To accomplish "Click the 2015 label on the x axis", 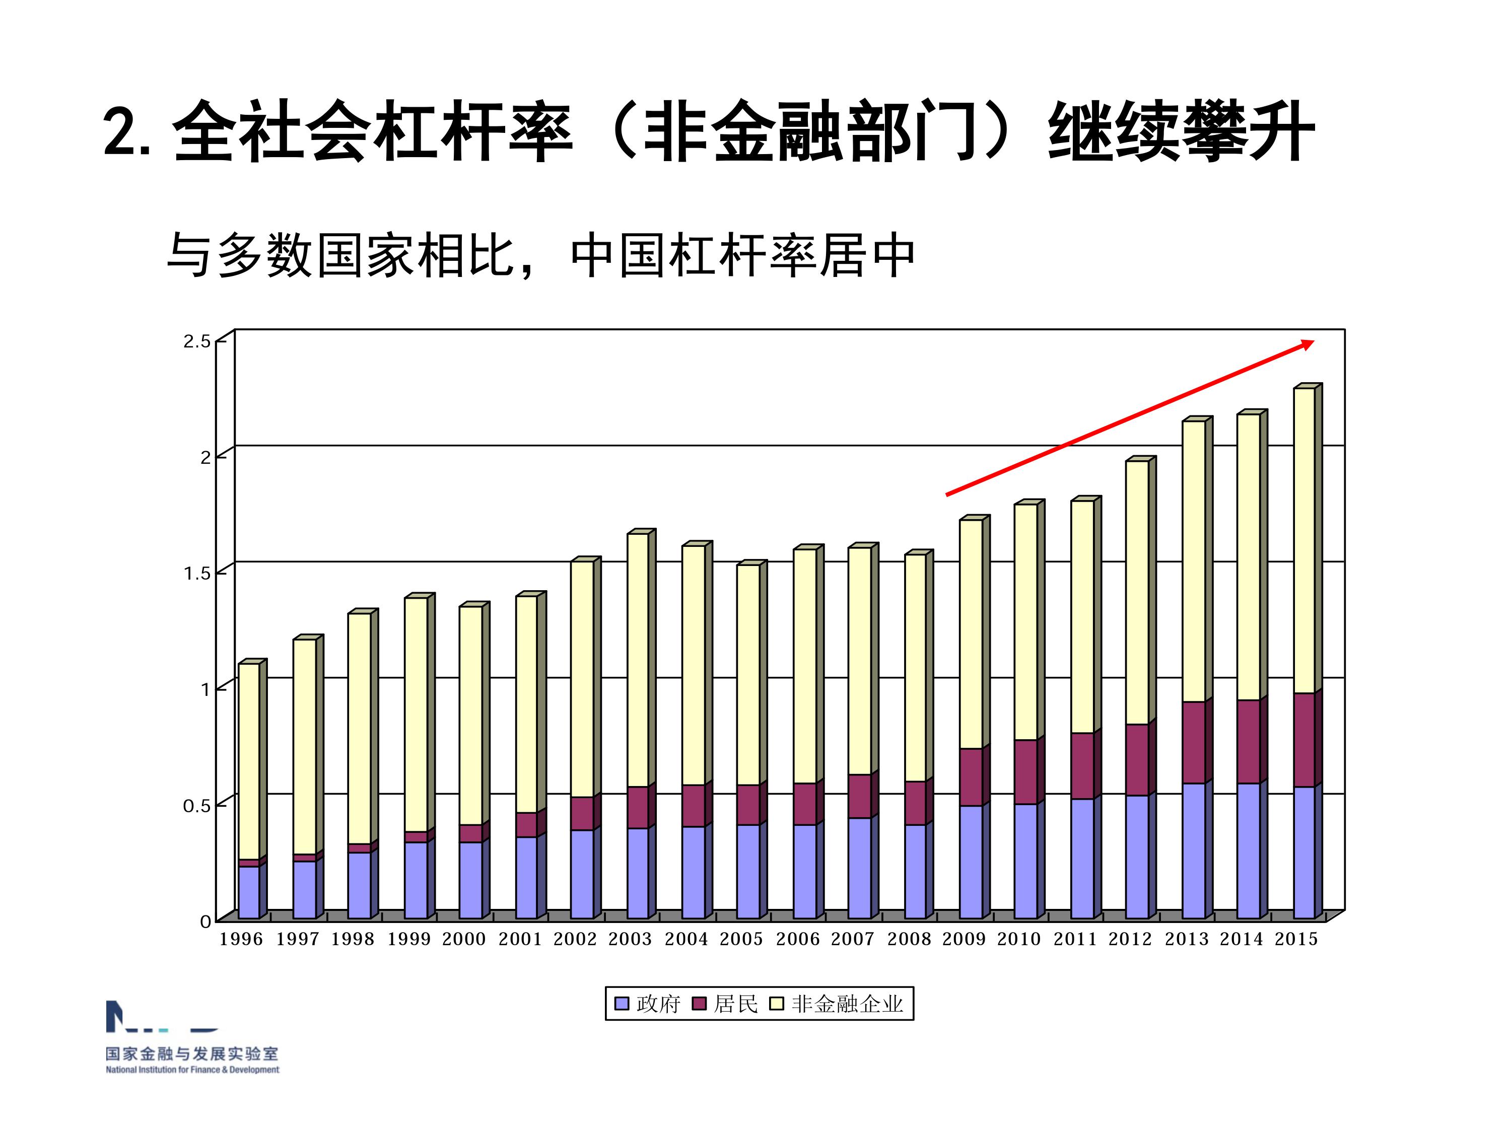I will pos(1296,939).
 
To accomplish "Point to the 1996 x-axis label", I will pos(240,939).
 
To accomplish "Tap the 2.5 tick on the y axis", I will pos(197,341).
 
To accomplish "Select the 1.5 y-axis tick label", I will pos(197,573).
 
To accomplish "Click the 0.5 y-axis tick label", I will pos(197,806).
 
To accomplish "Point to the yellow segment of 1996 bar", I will pos(249,761).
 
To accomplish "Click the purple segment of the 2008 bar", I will pos(915,871).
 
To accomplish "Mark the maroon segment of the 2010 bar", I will pos(1025,772).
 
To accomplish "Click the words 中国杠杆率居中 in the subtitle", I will pos(742,256).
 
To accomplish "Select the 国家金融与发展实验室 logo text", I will pos(192,1054).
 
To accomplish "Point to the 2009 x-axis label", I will pos(964,939).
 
